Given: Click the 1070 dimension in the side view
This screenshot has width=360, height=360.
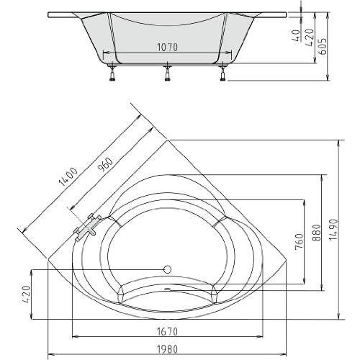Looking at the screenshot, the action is [x=167, y=48].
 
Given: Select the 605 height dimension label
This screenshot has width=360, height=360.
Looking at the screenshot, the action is [x=323, y=46].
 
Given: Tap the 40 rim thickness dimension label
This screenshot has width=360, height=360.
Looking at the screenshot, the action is [x=297, y=36].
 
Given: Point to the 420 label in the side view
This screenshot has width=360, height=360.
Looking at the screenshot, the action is [x=310, y=37].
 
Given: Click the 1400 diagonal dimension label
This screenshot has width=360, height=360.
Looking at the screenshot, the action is [x=68, y=177].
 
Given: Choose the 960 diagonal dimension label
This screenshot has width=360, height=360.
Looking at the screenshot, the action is [x=106, y=165].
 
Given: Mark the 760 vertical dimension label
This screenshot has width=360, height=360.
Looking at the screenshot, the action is [x=300, y=242].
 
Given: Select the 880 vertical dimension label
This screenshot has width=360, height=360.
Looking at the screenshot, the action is [x=317, y=233].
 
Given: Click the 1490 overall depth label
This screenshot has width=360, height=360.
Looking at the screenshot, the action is [x=333, y=230].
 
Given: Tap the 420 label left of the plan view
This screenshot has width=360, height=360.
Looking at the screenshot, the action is [x=26, y=294].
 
